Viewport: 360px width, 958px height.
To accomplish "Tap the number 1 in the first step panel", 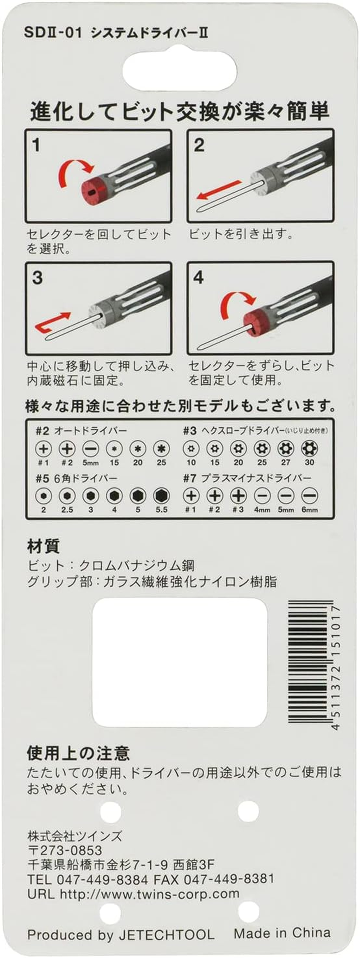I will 36,145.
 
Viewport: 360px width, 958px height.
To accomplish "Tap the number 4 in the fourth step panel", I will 198,278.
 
